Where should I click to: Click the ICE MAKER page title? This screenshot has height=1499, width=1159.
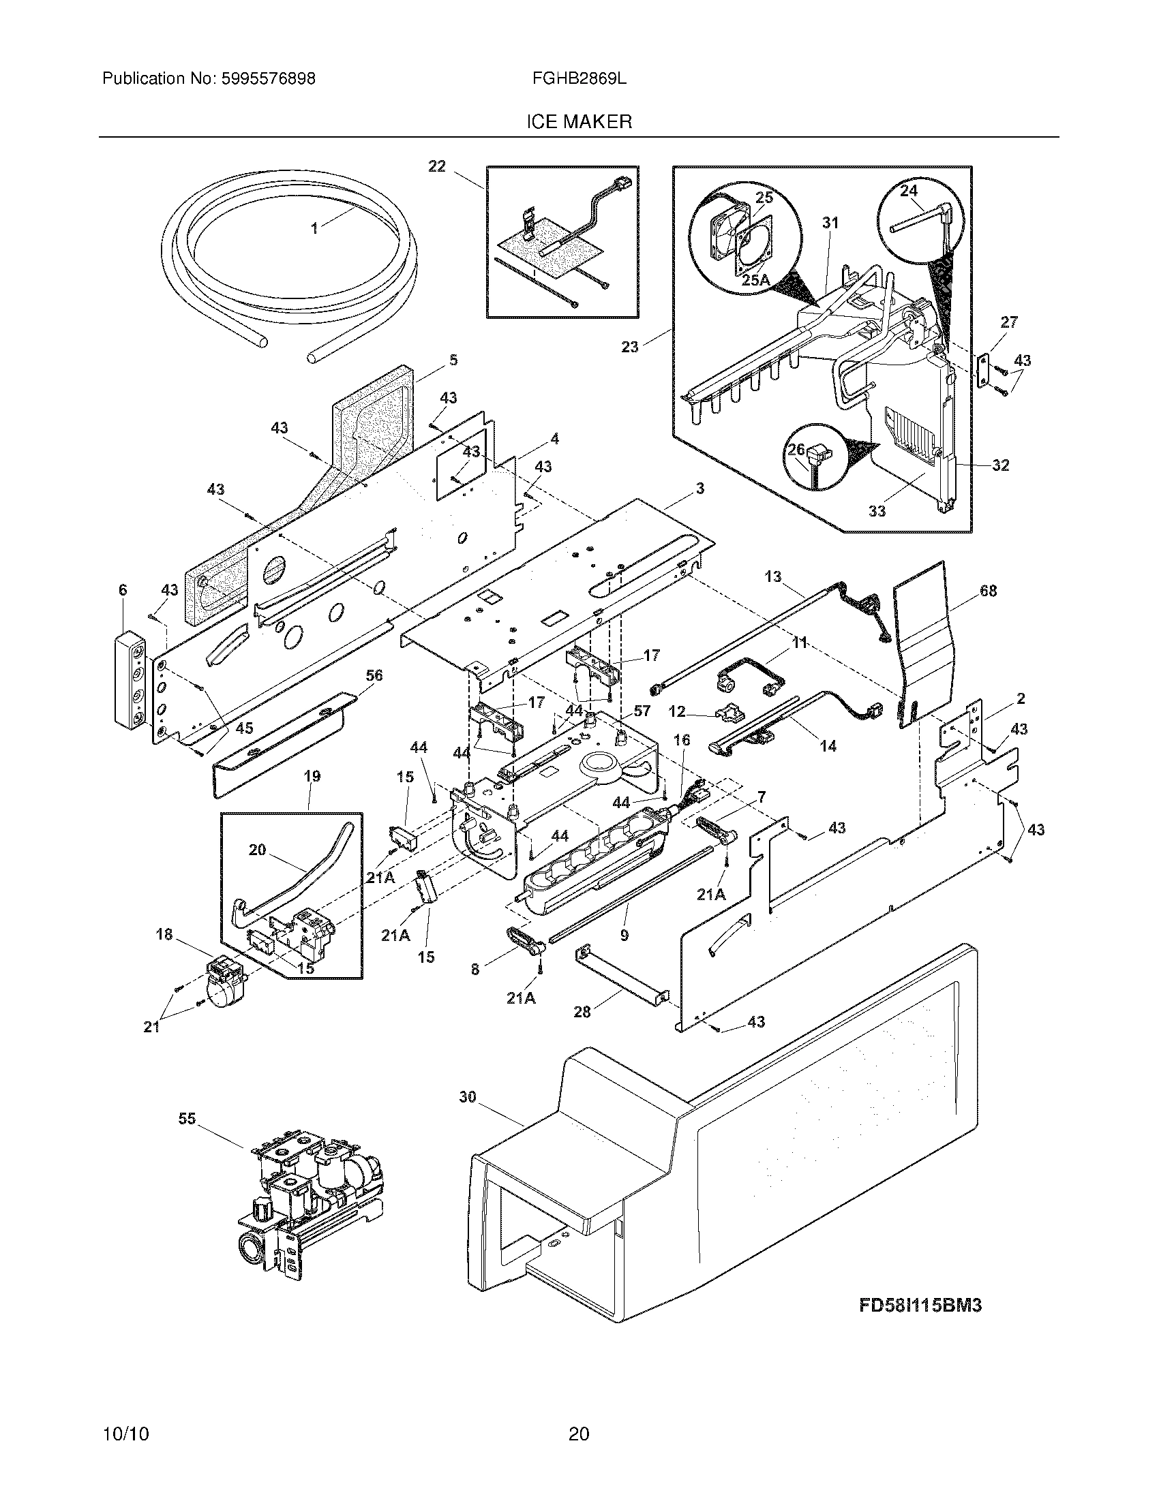[579, 122]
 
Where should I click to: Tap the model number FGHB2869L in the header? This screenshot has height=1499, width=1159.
[579, 79]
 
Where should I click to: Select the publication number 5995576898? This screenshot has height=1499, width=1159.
[268, 79]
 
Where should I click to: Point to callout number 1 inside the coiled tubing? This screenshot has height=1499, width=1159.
[315, 228]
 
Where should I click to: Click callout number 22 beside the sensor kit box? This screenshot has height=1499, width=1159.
[437, 166]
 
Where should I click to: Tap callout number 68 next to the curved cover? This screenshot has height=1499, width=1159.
[988, 591]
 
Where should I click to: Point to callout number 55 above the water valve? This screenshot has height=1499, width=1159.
[187, 1119]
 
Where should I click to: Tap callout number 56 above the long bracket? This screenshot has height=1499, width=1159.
[374, 675]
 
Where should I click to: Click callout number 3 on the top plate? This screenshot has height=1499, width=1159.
[699, 489]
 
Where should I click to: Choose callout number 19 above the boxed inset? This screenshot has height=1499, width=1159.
[312, 777]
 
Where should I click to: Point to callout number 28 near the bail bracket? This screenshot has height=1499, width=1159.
[582, 1012]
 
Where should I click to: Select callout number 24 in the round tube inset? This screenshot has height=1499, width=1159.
[908, 191]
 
